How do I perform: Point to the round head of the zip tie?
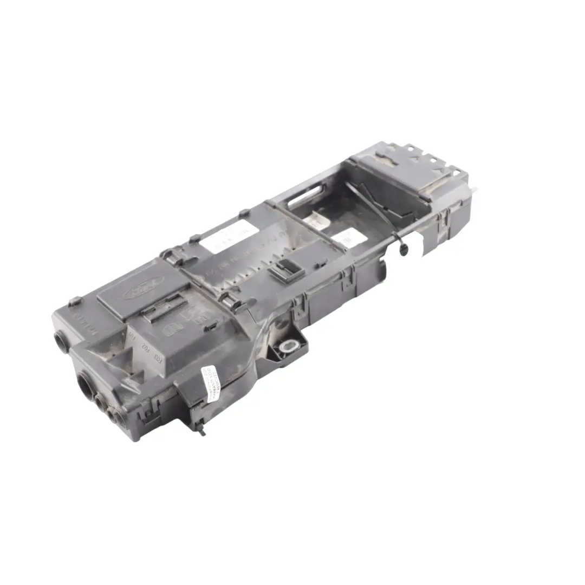coord(402,248)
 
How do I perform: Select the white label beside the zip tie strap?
coord(347,239)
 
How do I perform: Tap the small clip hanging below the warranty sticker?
coord(201,431)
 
